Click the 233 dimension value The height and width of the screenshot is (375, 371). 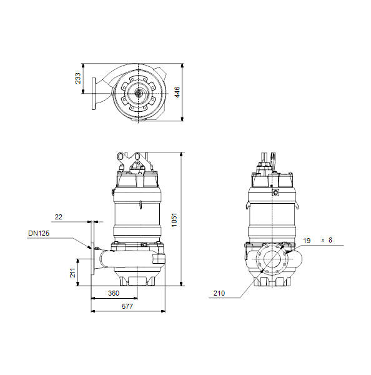(x=78, y=79)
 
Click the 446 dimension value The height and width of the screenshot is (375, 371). (x=177, y=92)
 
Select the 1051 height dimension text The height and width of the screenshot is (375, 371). (x=174, y=220)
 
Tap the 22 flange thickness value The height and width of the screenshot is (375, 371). (x=59, y=217)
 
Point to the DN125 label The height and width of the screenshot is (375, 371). (x=39, y=233)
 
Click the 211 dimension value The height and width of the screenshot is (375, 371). (x=72, y=273)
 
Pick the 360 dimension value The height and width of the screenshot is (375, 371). (x=114, y=293)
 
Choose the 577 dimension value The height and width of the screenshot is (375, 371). (x=127, y=306)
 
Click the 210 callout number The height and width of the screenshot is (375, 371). (x=219, y=293)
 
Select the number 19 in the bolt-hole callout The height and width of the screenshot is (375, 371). (x=307, y=241)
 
